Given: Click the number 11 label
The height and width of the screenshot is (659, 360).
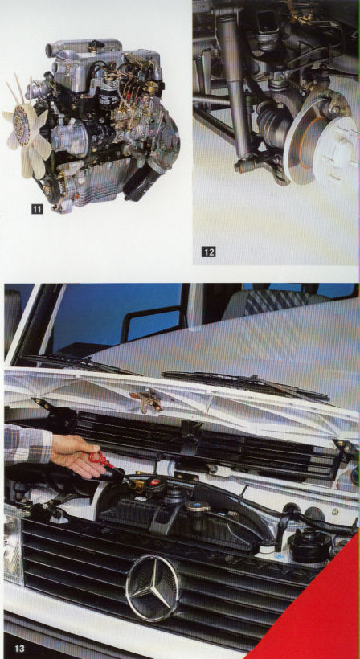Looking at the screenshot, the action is point(37,208).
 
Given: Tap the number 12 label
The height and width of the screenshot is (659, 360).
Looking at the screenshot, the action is point(208,252).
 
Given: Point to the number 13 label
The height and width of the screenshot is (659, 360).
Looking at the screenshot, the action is point(19,648).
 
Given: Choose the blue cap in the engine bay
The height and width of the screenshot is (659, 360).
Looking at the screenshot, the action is point(197,506).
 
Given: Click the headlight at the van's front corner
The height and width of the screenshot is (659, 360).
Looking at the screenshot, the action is point(12,548).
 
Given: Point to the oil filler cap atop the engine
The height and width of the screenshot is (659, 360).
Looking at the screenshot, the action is point(96,44).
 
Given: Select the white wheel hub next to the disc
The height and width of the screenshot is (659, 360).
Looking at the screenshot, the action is point(336,151).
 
